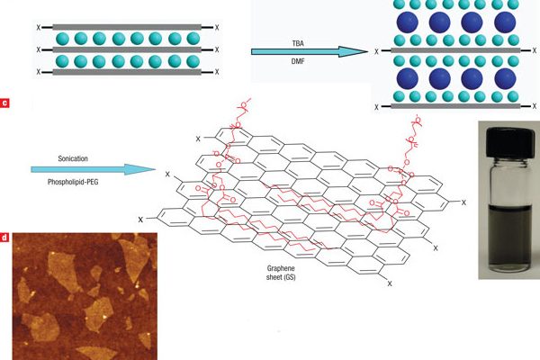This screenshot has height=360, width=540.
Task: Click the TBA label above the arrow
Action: tap(298, 43)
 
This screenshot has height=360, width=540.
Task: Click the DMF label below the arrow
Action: tap(298, 62)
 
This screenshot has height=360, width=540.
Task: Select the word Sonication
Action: tap(73, 158)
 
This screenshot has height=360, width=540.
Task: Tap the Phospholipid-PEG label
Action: tap(73, 182)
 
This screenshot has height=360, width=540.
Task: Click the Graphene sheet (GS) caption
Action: tap(281, 273)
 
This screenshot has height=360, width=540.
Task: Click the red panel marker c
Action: tap(4, 103)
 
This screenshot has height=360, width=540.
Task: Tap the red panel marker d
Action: tap(4, 238)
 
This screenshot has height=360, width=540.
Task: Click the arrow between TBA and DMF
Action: tap(310, 51)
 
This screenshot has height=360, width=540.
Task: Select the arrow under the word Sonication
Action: tap(94, 169)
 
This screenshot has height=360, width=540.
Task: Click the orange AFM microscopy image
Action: tap(85, 296)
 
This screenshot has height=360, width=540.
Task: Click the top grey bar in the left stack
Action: tap(127, 27)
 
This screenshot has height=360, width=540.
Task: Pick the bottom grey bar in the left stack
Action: tap(127, 72)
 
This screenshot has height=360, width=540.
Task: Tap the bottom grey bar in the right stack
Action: tap(455, 106)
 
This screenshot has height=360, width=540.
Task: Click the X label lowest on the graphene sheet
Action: tap(390, 283)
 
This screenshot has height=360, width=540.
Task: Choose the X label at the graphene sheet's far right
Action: tap(463, 202)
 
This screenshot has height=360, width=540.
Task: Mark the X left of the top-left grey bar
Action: tap(38, 28)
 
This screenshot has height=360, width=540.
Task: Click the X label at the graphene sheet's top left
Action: tap(198, 139)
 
